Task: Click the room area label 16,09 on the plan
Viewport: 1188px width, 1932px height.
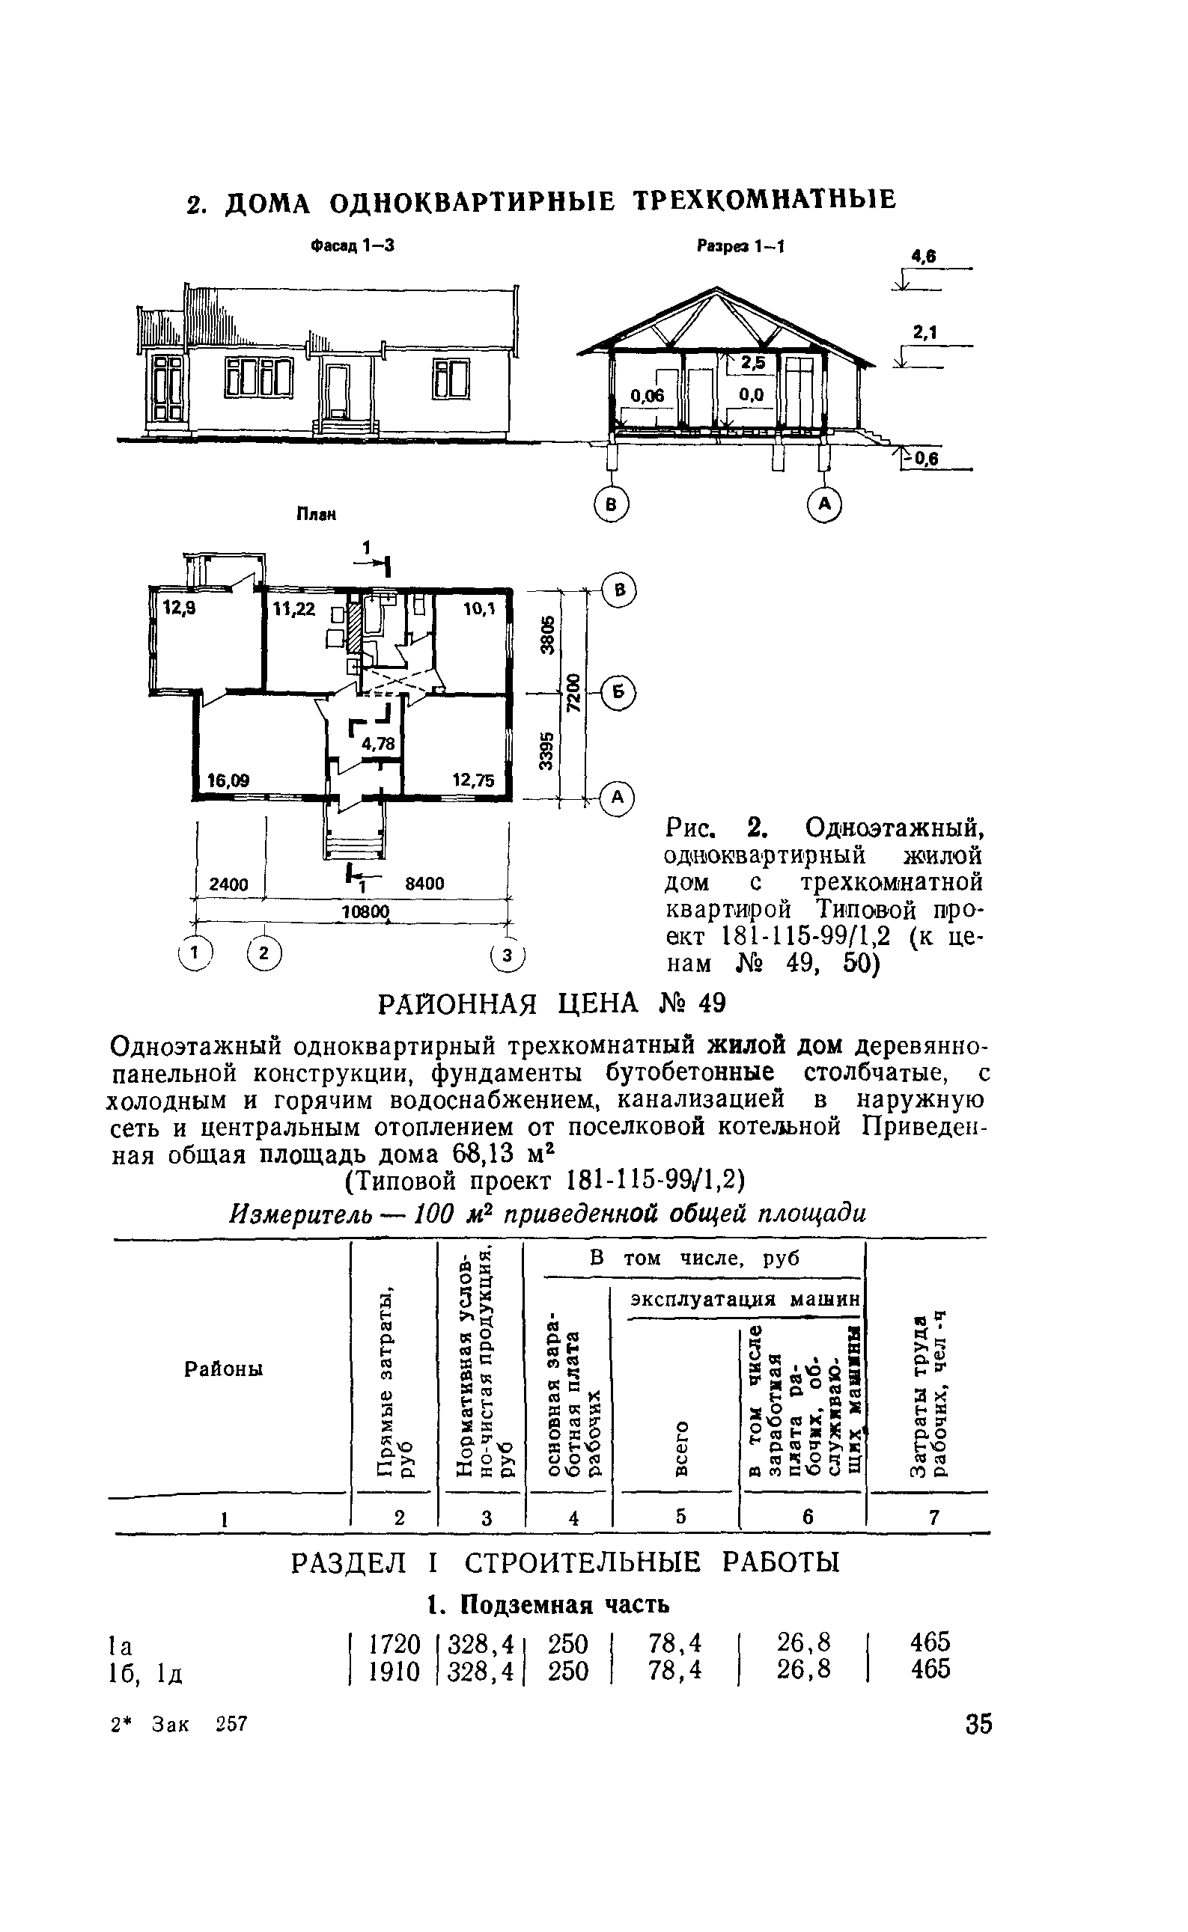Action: point(228,780)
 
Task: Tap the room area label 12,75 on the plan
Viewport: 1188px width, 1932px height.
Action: point(473,780)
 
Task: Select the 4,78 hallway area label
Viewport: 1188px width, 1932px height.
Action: point(377,743)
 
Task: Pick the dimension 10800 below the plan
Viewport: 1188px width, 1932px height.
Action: point(365,912)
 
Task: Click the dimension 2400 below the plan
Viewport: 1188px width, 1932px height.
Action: point(228,884)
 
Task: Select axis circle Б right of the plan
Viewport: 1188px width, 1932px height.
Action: point(619,693)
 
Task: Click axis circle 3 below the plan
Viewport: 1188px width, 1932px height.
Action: point(508,955)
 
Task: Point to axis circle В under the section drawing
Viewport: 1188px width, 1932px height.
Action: point(612,504)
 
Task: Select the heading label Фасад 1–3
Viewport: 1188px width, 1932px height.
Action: point(351,246)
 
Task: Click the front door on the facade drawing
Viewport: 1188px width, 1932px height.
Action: point(339,391)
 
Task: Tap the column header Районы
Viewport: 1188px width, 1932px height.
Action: point(224,1369)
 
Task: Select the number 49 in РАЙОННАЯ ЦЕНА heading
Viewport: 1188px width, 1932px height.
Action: point(709,1003)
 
